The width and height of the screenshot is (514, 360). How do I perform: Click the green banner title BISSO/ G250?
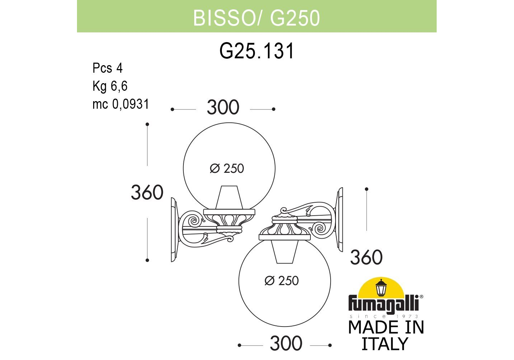256,18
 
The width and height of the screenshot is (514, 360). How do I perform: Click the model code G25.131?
256,51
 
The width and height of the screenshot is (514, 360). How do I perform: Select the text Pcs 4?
108,68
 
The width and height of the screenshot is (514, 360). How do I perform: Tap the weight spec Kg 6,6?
110,86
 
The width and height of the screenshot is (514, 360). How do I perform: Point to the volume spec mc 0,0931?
121,104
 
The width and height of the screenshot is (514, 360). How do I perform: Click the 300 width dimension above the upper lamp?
223,107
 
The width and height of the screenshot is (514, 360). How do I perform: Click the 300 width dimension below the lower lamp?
286,343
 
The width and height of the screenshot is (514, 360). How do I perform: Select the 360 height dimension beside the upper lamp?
147,192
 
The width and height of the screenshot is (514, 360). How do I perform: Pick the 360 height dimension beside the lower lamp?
366,257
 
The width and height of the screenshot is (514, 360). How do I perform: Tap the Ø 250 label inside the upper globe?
227,168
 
